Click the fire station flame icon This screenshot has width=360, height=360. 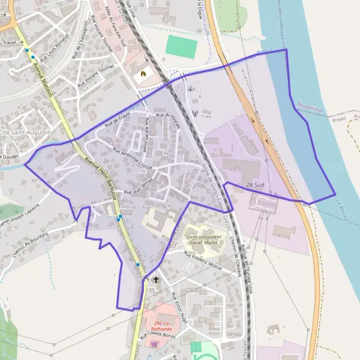[x=143, y=74]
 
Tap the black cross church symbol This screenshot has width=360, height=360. [x=157, y=280]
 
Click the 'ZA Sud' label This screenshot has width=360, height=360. [x=255, y=185]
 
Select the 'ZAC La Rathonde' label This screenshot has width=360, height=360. [x=160, y=326]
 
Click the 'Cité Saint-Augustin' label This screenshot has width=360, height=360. [x=25, y=131]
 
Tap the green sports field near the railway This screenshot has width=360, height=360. [x=181, y=47]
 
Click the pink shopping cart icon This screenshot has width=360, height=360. [x=155, y=344]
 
